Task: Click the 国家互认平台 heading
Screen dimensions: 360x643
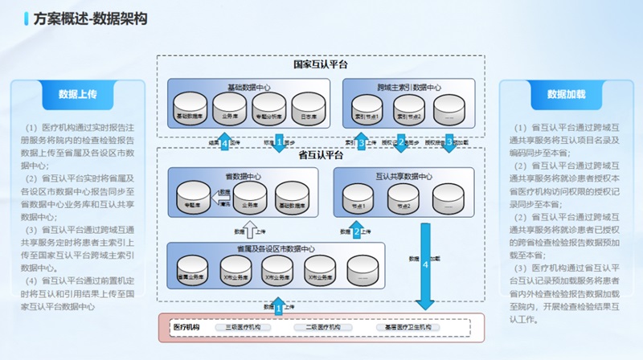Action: coord(320,64)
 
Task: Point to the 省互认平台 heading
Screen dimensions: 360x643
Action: coord(320,155)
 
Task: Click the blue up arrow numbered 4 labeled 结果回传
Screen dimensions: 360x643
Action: coord(225,143)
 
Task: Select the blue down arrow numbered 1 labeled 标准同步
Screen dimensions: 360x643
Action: coord(279,143)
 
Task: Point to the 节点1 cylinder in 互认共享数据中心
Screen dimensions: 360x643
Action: coord(358,200)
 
